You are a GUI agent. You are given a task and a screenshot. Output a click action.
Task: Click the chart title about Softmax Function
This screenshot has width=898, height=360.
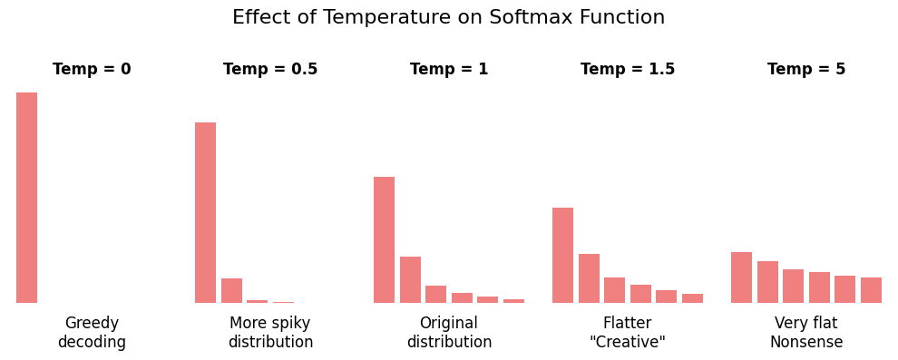pyautogui.click(x=448, y=18)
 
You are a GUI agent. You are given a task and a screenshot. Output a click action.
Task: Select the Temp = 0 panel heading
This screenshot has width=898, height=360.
pyautogui.click(x=92, y=70)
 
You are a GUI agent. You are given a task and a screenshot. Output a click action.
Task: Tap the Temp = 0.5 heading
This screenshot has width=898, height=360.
pyautogui.click(x=270, y=70)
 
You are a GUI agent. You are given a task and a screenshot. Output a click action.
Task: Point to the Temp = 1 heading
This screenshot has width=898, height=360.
pyautogui.click(x=449, y=70)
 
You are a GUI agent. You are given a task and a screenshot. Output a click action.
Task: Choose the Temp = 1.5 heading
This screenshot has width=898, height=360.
pyautogui.click(x=628, y=70)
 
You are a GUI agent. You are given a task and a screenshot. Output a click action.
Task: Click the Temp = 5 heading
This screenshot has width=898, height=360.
pyautogui.click(x=806, y=70)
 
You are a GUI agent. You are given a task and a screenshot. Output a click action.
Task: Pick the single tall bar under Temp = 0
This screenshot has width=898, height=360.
pyautogui.click(x=26, y=198)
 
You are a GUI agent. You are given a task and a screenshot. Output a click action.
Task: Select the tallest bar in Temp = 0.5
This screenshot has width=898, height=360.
pyautogui.click(x=205, y=212)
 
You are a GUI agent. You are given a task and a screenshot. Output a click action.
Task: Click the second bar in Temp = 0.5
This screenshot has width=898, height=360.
pyautogui.click(x=231, y=291)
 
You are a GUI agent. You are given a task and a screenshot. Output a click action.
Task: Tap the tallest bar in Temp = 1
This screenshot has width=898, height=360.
pyautogui.click(x=384, y=239)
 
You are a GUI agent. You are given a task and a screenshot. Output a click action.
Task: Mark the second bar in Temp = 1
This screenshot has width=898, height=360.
pyautogui.click(x=410, y=279)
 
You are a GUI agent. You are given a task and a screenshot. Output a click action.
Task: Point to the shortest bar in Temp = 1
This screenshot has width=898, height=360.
pyautogui.click(x=513, y=300)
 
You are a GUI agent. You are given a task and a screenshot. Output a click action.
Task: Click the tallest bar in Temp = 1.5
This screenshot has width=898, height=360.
pyautogui.click(x=562, y=255)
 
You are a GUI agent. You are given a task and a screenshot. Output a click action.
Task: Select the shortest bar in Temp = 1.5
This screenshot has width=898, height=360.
pyautogui.click(x=692, y=298)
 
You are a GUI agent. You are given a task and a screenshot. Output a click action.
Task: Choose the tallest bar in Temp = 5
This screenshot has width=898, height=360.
pyautogui.click(x=741, y=277)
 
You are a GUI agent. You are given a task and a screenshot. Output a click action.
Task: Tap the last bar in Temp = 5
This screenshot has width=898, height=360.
pyautogui.click(x=871, y=290)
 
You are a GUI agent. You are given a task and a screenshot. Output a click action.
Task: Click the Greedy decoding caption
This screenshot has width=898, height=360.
pyautogui.click(x=92, y=333)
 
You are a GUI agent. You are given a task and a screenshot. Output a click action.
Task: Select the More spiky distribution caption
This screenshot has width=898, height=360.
pyautogui.click(x=270, y=333)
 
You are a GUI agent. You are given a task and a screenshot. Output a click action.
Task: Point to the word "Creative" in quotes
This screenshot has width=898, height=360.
pyautogui.click(x=628, y=343)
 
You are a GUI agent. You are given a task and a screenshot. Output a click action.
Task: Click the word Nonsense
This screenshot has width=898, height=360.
pyautogui.click(x=806, y=343)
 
